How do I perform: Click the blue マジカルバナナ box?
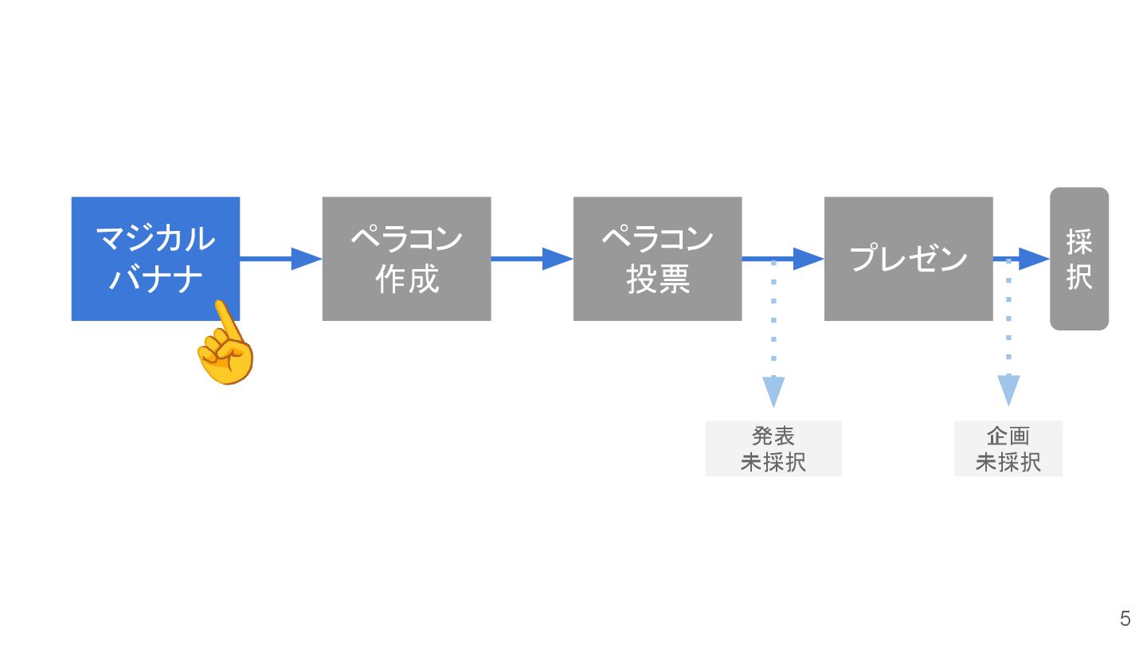155,239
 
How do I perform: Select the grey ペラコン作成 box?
406,259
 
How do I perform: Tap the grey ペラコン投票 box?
657,259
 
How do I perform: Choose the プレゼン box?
908,259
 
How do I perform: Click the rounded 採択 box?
1079,259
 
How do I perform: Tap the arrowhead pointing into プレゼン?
808,259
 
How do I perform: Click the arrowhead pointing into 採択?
1035,259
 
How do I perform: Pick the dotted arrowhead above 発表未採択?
773,391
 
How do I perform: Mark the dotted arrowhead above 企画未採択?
1008,390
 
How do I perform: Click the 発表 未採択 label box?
773,449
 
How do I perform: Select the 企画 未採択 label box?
1008,449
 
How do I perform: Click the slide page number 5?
1125,619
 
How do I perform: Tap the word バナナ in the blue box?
155,280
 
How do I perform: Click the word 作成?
406,280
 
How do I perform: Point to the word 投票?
657,280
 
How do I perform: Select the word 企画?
1008,436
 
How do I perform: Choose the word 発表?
773,436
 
